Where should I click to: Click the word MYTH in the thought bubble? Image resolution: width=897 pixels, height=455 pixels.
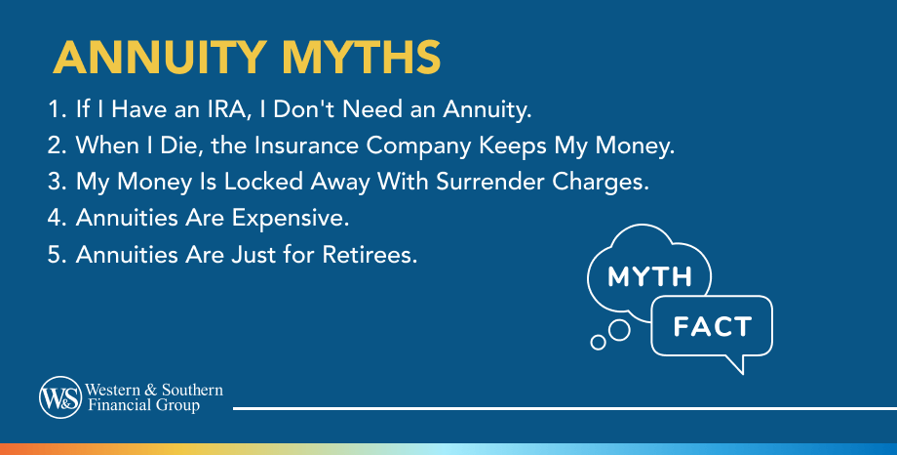click(649, 277)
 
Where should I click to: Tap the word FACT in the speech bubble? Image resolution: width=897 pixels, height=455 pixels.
click(711, 326)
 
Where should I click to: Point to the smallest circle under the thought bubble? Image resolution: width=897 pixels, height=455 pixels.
click(599, 343)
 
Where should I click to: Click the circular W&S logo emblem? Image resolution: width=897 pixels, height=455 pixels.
click(58, 397)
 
